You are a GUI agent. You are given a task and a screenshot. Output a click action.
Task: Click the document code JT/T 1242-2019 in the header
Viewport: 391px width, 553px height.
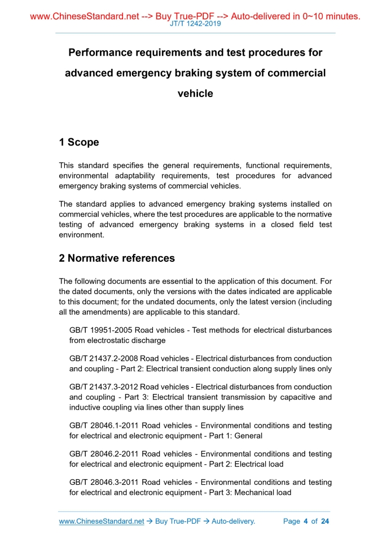[195, 24]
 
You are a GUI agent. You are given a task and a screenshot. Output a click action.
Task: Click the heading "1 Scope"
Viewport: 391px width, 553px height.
[79, 142]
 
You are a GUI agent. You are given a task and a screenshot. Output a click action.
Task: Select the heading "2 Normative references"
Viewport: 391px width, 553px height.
[117, 258]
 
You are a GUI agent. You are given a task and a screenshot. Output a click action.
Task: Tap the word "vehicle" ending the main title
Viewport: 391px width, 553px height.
[195, 94]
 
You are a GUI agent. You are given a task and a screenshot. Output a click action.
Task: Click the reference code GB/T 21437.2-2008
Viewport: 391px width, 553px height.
[104, 359]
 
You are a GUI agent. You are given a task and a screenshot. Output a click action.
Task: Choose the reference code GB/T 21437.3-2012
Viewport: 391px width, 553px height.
[104, 388]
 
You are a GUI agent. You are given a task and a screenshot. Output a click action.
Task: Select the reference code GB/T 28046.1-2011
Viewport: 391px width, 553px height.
[104, 425]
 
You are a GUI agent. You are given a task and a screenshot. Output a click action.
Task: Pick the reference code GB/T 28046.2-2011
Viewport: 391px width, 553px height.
[104, 454]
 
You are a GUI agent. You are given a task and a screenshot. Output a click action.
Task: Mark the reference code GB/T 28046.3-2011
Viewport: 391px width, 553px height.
[104, 483]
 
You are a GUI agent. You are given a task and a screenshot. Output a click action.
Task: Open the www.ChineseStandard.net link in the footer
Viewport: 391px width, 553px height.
[102, 521]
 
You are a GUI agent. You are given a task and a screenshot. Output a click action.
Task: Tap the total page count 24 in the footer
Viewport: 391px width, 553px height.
[324, 521]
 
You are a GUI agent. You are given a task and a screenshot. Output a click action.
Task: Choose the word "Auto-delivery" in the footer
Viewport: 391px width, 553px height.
[232, 521]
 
